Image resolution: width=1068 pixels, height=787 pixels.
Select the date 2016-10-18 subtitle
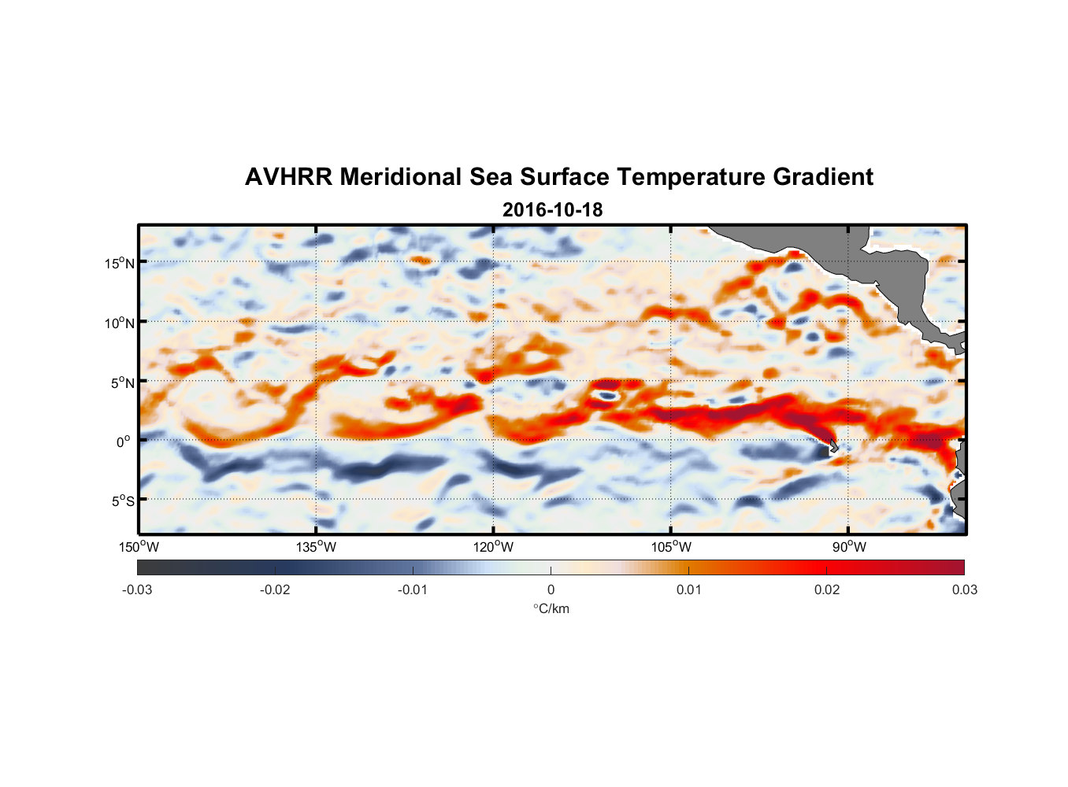tap(552, 210)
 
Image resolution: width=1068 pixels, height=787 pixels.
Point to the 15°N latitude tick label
tap(120, 263)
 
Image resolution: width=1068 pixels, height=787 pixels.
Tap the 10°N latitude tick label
tap(120, 323)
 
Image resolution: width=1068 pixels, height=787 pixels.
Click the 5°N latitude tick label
tap(123, 382)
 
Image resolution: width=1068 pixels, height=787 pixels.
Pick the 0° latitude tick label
tap(124, 442)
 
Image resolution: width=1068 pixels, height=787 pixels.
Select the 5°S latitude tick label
tap(123, 501)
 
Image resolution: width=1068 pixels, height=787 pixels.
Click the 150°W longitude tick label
tap(139, 548)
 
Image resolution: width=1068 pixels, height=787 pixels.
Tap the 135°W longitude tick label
tap(317, 548)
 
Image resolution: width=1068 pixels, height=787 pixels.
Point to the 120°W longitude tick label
tap(494, 548)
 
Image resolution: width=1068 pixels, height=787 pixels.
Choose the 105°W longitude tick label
tap(671, 548)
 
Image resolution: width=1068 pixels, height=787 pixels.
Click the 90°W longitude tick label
tap(849, 548)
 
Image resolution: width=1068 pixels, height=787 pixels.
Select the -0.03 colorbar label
tap(137, 590)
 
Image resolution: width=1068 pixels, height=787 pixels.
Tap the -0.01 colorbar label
tap(413, 590)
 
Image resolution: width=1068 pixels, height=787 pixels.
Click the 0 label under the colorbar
tap(551, 590)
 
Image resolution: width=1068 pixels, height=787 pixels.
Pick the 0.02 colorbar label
tap(827, 590)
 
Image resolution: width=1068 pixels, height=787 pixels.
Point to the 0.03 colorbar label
tap(964, 590)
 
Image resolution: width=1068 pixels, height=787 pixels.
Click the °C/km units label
tap(551, 608)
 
